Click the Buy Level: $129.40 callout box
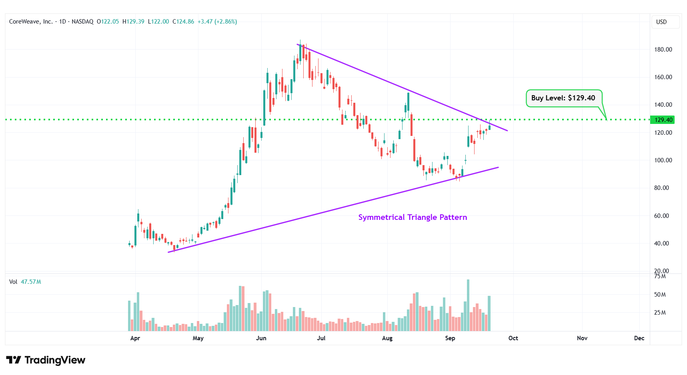pos(563,98)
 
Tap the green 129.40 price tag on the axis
pos(663,120)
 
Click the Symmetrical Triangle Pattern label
pos(413,217)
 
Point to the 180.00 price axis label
pos(663,50)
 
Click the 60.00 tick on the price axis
pos(661,216)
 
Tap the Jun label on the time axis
pos(261,338)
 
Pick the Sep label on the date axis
pos(450,338)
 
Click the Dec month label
pos(639,338)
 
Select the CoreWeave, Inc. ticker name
pos(31,22)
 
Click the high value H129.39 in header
pos(133,22)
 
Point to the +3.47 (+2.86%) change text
pos(217,22)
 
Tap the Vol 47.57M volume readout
pos(25,282)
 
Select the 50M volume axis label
pos(660,295)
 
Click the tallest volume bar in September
pos(468,305)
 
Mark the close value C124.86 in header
pos(183,22)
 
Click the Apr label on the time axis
pos(135,338)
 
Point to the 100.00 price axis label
pos(663,160)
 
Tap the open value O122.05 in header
pos(108,22)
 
